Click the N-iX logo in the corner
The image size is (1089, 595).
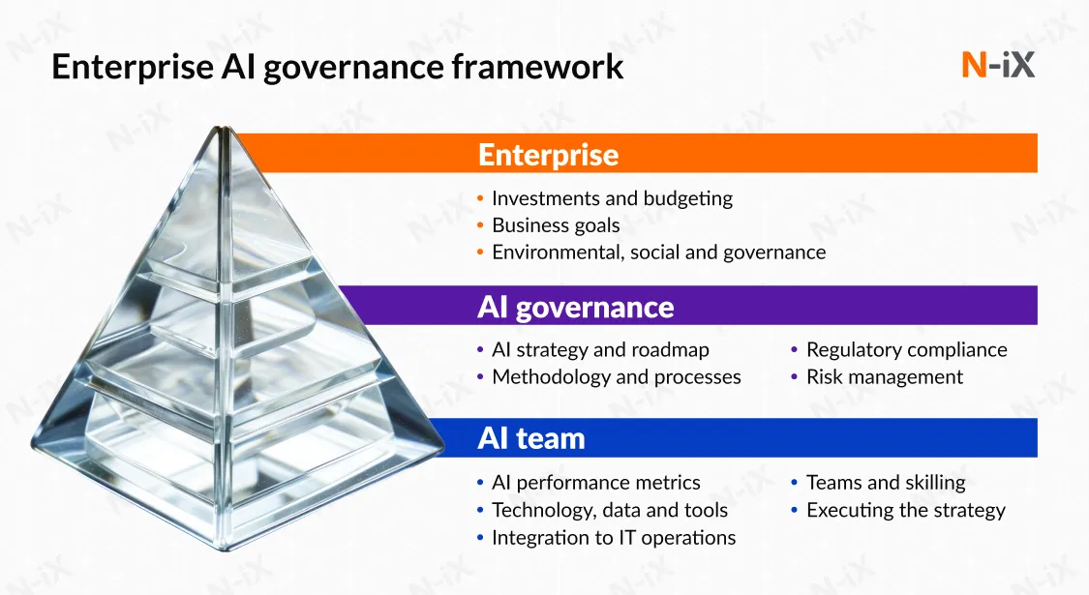tap(998, 65)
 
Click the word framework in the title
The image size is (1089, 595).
tap(537, 67)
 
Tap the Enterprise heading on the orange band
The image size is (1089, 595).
tap(548, 155)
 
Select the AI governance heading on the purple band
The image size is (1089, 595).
tap(575, 307)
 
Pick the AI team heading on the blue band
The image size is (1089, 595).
tap(531, 439)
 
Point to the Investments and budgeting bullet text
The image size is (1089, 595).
tap(612, 198)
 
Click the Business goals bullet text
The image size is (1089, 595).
tap(556, 225)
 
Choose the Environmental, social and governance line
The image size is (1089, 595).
tap(658, 252)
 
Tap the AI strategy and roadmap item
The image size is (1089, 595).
tap(600, 350)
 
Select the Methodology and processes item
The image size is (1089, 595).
tap(616, 377)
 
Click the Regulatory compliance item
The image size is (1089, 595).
tap(906, 350)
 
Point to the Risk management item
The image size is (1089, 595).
tap(884, 377)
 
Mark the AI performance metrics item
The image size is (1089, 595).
tap(596, 483)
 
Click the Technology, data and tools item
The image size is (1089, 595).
tap(610, 510)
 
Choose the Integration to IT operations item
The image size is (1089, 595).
tap(614, 538)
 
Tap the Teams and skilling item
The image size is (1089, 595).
tap(886, 483)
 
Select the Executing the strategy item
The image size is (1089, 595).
tap(906, 510)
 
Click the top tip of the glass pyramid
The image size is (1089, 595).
tap(224, 128)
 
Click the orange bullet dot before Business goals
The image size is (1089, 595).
tap(480, 225)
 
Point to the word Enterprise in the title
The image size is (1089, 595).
tap(133, 68)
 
